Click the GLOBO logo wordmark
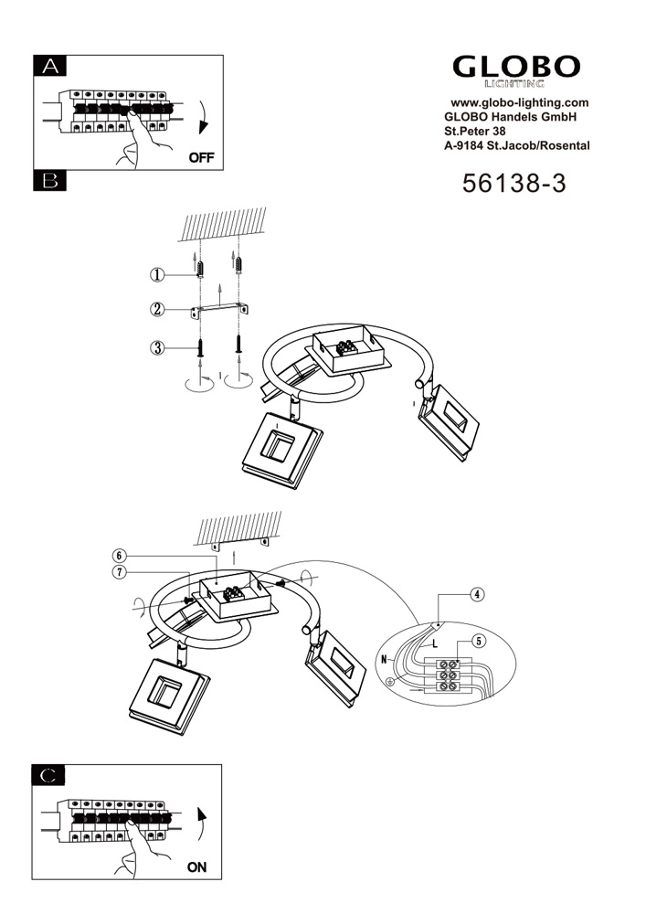pos(516,67)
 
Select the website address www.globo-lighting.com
pos(520,102)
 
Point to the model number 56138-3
pos(514,183)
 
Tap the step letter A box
pos(50,66)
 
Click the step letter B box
pos(50,181)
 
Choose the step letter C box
pos(48,775)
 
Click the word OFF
pos(202,157)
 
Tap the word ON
pos(196,867)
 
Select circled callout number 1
pos(157,275)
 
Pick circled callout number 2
pos(157,309)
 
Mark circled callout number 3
pos(157,348)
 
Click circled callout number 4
pos(477,595)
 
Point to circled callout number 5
pos(478,642)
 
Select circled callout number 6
pos(119,556)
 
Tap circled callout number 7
pos(119,572)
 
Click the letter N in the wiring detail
pos(384,659)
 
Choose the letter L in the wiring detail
pos(435,644)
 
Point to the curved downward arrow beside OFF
pos(203,118)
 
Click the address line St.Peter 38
pos(475,131)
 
